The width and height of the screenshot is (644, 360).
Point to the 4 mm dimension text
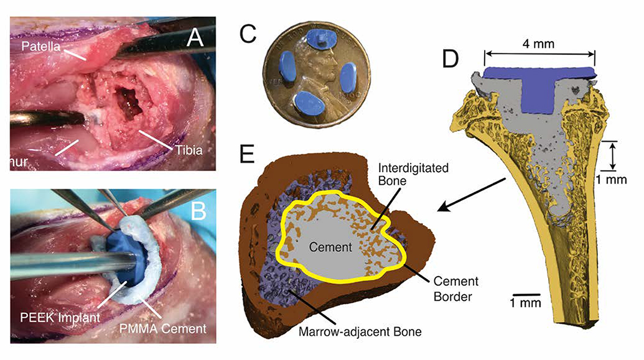(539, 44)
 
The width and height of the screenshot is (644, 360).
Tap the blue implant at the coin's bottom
(310, 103)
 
